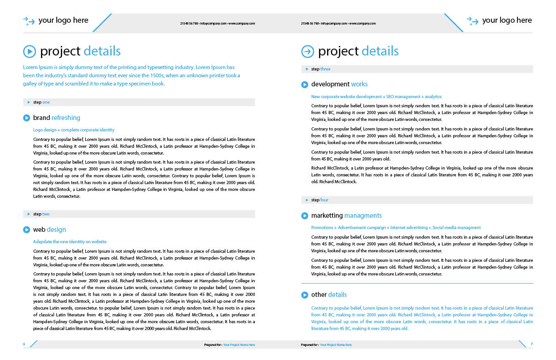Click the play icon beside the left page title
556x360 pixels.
29,51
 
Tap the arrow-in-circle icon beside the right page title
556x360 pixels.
308,51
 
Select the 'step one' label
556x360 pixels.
41,102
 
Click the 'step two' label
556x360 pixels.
41,214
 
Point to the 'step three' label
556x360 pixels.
321,69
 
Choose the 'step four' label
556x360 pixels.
319,200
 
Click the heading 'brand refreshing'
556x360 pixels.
56,118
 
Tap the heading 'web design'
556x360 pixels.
50,230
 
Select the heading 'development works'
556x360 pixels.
339,84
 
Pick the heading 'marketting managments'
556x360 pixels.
346,215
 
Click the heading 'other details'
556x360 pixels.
329,295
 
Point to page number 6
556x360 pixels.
24,344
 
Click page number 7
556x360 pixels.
531,344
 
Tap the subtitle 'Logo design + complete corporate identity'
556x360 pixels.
74,130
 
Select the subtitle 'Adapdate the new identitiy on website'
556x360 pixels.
70,242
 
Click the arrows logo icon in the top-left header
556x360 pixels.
29,21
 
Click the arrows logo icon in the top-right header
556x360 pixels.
473,21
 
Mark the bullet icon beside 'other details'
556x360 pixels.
304,295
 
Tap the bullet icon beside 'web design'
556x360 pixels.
26,230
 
